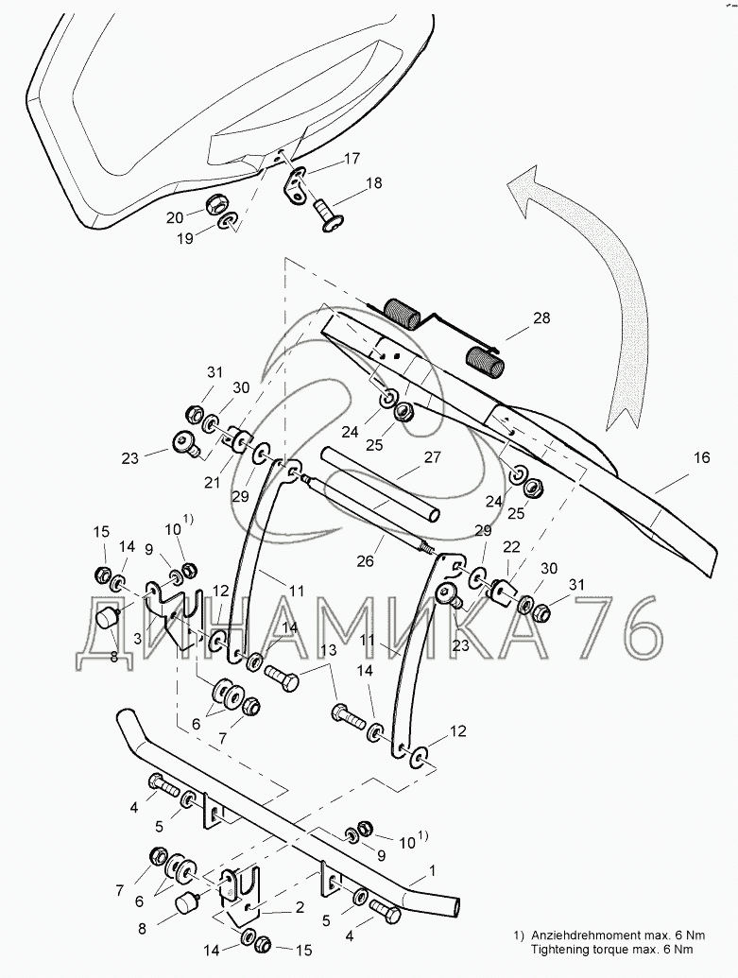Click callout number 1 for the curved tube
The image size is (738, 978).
[x=432, y=869]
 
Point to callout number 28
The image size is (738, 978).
[x=541, y=319]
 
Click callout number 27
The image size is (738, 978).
[x=433, y=458]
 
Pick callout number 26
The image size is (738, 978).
[x=364, y=560]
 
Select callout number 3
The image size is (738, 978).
[x=138, y=639]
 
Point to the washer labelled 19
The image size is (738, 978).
[x=229, y=223]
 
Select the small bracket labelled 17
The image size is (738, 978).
[x=298, y=183]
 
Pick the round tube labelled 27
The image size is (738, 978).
[x=378, y=483]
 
